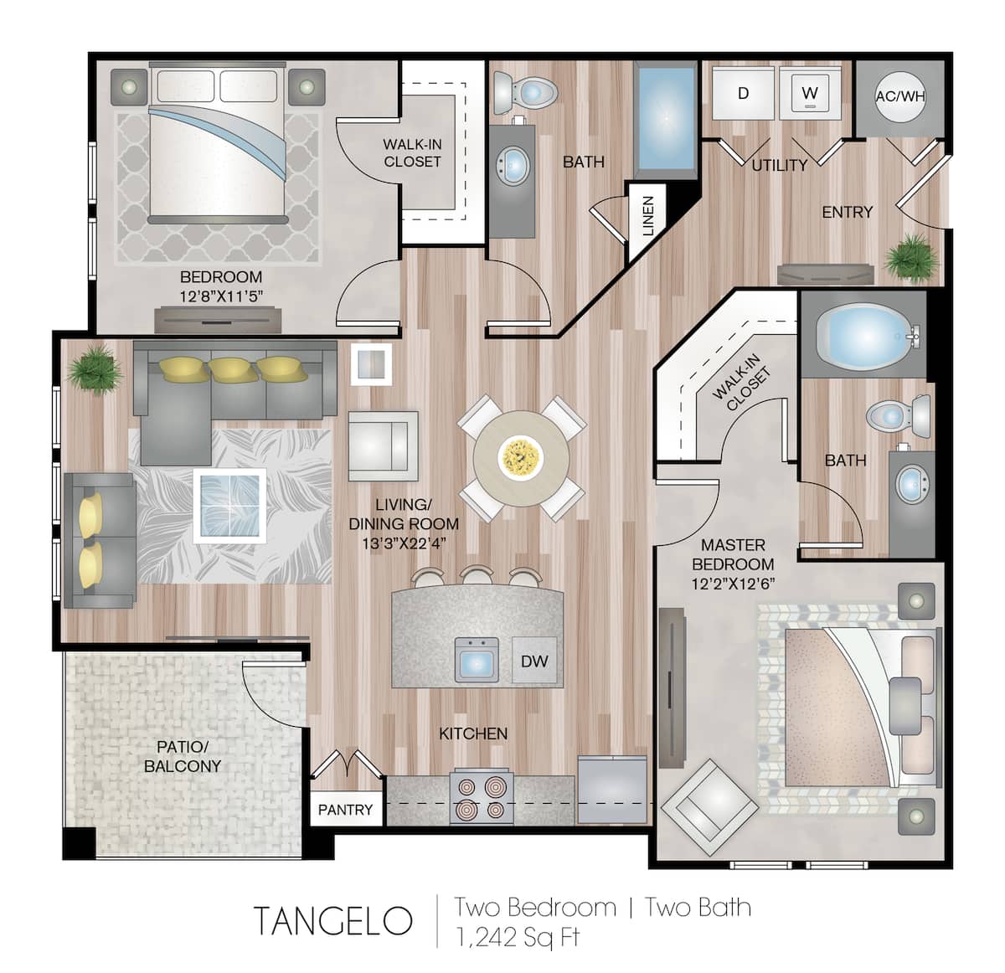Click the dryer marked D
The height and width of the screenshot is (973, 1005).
coord(743,94)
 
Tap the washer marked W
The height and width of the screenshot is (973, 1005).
coord(809,93)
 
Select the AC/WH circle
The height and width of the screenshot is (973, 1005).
coord(899,96)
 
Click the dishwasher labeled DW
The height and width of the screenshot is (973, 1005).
coord(534,661)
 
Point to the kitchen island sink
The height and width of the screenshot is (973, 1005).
coord(477,660)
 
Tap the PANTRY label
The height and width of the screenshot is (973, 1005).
coord(345,810)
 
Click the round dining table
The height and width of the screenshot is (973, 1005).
coord(521,457)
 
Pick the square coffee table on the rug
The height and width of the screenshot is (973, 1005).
coord(229,506)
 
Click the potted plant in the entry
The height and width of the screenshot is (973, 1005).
coord(910,257)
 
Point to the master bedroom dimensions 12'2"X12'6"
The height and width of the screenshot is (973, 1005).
coord(733,584)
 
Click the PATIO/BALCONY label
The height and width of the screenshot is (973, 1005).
coord(183,756)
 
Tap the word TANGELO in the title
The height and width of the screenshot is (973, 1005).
coord(332,921)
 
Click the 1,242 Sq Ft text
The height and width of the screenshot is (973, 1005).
coord(517,937)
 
